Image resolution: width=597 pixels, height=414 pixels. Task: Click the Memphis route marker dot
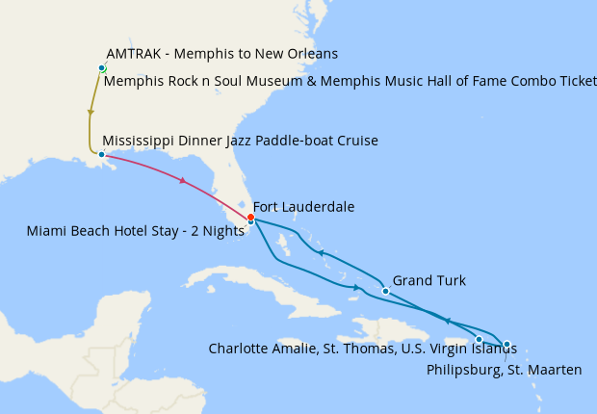coord(101,67)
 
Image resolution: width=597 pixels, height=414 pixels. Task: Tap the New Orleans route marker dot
coord(101,154)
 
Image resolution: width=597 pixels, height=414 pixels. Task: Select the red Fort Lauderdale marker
coord(250,217)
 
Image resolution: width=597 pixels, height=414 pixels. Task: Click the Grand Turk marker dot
coord(385,291)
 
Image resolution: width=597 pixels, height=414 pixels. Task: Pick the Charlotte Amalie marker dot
coord(479,339)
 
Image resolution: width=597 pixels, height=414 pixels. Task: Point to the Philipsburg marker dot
coord(506,344)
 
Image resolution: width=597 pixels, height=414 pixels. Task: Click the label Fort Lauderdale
coord(303,207)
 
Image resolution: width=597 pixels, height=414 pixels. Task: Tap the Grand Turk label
coord(428,281)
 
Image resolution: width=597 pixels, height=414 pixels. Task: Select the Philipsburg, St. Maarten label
coord(504,369)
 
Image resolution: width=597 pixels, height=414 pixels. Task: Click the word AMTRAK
coord(133,53)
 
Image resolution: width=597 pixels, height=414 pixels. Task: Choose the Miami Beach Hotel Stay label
coord(135,231)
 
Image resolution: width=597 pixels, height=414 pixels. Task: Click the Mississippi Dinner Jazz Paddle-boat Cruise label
coord(240,142)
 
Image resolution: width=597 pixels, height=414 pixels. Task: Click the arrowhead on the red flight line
coord(181,180)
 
